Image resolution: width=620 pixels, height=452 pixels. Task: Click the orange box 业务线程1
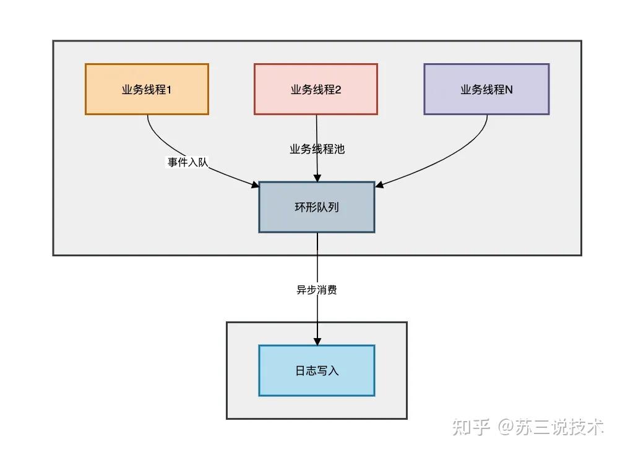(x=147, y=89)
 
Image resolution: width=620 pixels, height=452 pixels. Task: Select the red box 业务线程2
(x=316, y=89)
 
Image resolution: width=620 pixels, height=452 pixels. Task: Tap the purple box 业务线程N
(x=486, y=89)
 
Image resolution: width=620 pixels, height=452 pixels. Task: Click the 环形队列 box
(x=317, y=207)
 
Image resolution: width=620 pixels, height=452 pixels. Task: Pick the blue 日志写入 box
(x=317, y=371)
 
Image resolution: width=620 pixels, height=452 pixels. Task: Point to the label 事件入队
(x=187, y=163)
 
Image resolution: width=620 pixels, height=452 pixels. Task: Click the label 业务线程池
(x=317, y=149)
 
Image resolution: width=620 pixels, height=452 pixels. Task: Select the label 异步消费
(x=317, y=290)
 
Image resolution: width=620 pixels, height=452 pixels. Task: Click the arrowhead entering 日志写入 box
(x=317, y=341)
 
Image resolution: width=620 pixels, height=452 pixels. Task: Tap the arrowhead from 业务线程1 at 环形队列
(x=255, y=185)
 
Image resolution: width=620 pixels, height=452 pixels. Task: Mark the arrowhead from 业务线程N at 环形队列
(x=379, y=185)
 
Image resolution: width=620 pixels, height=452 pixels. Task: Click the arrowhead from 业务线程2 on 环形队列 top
(x=317, y=178)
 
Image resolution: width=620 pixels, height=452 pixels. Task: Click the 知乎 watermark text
(x=471, y=427)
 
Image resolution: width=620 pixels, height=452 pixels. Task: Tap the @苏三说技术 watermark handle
(x=551, y=427)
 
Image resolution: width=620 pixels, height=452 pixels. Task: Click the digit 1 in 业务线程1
(x=169, y=90)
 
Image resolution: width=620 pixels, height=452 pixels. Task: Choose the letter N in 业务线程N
(x=509, y=90)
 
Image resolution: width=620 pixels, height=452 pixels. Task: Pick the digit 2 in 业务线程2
(x=338, y=90)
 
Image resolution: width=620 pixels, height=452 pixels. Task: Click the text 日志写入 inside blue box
(x=317, y=371)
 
